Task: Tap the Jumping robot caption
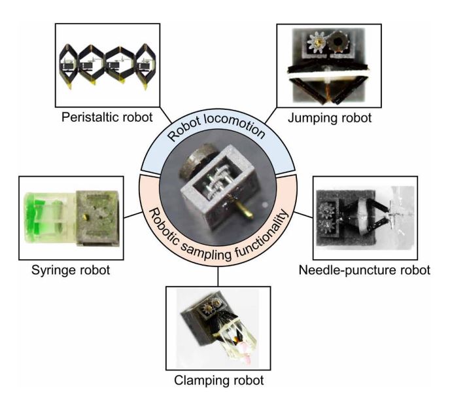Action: coord(326,118)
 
